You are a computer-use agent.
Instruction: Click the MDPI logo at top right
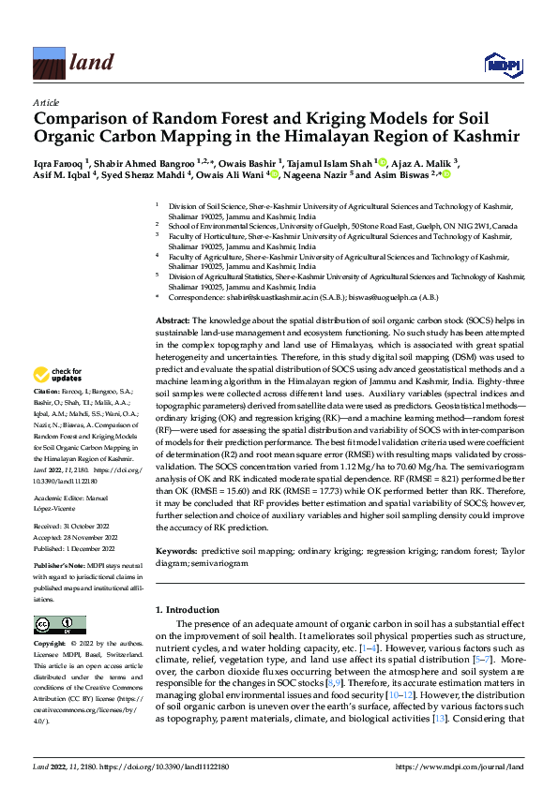pos(502,64)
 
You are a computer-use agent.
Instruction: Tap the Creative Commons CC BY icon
pos(60,624)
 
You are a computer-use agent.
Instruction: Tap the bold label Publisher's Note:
pos(61,566)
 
